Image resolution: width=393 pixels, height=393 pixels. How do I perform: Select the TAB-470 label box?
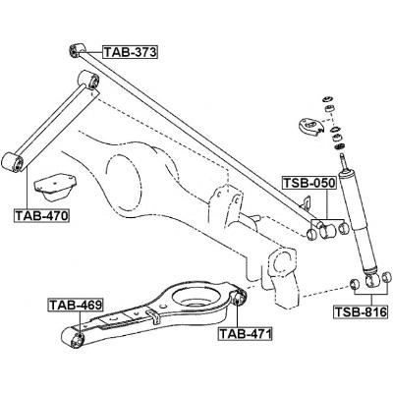coord(41,215)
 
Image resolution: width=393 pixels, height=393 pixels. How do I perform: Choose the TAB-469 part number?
coord(76,307)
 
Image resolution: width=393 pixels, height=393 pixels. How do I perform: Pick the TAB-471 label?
coord(244,334)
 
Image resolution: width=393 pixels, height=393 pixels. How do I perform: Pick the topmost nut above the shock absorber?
coord(327,98)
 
